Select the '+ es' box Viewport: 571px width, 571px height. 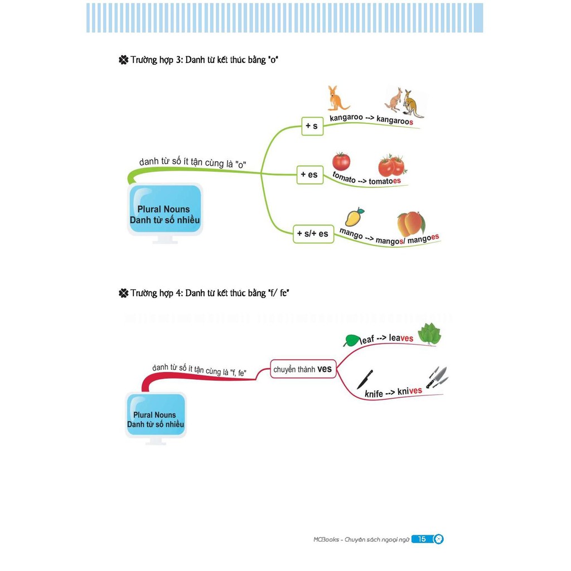(x=309, y=175)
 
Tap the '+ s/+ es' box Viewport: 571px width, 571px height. (x=313, y=234)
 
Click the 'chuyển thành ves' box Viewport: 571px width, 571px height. (x=303, y=369)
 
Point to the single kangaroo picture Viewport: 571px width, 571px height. (x=337, y=98)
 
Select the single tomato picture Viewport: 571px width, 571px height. (x=341, y=161)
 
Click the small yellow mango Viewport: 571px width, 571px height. (x=354, y=216)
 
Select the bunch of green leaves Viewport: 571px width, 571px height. (x=429, y=335)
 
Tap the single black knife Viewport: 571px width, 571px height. (x=364, y=379)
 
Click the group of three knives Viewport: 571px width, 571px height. (x=437, y=377)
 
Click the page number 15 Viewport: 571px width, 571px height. (x=422, y=539)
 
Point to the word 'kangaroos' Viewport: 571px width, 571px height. (x=395, y=120)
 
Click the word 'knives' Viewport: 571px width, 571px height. (x=410, y=391)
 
